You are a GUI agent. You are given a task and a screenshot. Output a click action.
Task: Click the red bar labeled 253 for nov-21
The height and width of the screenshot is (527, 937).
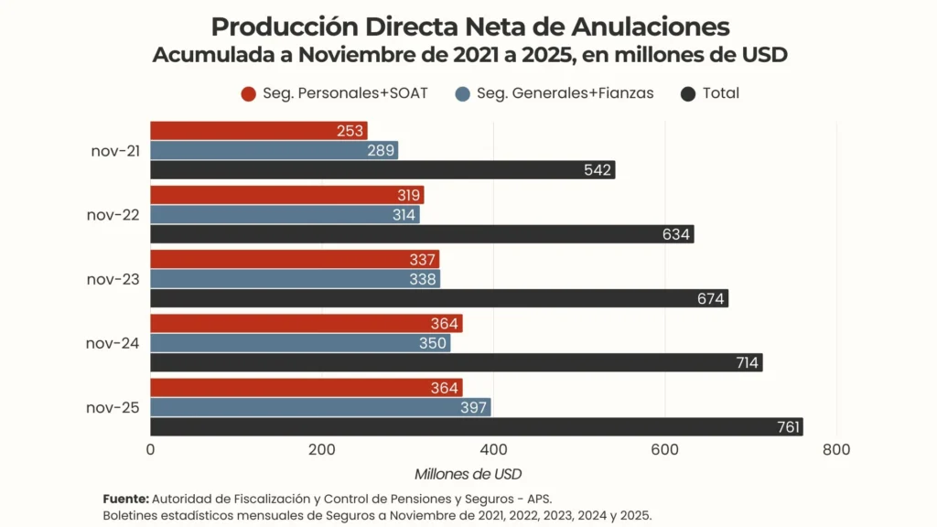pos(258,131)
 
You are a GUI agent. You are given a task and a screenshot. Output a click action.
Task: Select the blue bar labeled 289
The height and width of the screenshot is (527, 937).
pos(274,150)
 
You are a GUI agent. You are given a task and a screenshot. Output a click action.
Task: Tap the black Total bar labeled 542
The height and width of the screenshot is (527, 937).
pos(382,170)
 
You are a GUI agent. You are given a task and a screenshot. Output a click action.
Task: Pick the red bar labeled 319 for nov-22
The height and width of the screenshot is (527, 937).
pos(286,195)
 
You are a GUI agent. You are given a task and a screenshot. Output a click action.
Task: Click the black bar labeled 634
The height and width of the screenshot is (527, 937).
pos(422,234)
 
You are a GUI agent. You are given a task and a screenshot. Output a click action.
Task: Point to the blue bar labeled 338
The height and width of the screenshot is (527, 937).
pos(295,279)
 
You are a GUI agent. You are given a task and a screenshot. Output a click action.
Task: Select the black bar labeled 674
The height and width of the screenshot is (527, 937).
pos(439,298)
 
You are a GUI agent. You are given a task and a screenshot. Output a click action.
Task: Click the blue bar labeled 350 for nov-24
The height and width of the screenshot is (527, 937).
pos(300,343)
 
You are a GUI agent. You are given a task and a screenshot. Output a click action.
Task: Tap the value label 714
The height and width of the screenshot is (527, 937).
pos(747,363)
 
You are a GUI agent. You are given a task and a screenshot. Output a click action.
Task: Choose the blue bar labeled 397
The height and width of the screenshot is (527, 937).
pos(320,407)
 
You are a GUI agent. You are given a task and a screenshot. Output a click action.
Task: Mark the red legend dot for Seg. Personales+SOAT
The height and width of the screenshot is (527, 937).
pos(248,93)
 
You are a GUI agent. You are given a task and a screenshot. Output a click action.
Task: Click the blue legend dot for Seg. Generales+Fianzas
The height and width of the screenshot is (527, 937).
pos(463,93)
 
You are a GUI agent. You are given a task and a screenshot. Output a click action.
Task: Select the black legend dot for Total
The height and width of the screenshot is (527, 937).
pos(689,93)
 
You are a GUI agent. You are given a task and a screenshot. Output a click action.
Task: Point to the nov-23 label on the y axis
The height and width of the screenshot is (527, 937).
pos(113,279)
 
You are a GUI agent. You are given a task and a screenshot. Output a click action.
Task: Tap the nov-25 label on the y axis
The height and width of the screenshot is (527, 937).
pos(113,407)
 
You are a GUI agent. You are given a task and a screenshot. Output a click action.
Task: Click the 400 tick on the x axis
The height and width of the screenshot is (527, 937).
pos(493,450)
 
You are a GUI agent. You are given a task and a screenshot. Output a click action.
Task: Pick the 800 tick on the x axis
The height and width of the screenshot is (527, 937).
pos(836,450)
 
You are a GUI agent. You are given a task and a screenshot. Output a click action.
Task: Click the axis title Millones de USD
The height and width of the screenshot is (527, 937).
pos(468,474)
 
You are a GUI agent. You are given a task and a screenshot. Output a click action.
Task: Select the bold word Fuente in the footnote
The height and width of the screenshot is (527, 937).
pos(125,499)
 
